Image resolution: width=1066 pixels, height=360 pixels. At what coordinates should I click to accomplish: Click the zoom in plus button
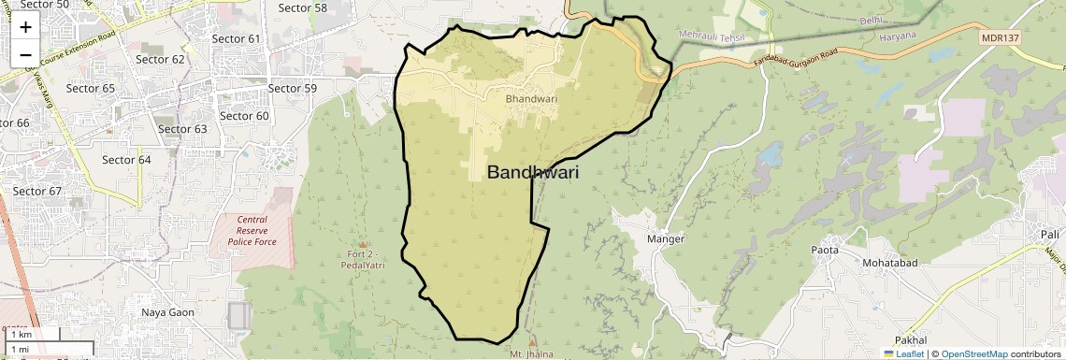coord(25,27)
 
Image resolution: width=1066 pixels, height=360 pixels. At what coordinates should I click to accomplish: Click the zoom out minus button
coord(25,55)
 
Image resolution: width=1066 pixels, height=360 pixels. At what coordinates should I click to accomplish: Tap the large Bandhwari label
coord(533,173)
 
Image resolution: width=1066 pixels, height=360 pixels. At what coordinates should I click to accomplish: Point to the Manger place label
coord(666,239)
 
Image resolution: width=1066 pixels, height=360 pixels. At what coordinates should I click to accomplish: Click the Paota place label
coord(825,250)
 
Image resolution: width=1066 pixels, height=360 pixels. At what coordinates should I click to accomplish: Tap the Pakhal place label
coord(910,339)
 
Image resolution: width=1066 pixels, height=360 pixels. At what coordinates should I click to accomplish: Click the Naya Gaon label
coord(167,312)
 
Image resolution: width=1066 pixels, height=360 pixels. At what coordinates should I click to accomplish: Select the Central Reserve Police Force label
coord(252,230)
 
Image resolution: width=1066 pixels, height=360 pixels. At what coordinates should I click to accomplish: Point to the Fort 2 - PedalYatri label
coord(362,258)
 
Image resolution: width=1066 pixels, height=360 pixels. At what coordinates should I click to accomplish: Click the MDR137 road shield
coord(999,37)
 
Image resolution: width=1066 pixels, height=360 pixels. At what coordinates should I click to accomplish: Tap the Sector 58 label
coord(303,8)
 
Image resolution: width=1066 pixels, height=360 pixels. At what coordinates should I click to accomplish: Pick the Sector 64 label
coord(126,160)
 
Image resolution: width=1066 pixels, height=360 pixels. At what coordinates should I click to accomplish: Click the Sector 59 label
coord(293,88)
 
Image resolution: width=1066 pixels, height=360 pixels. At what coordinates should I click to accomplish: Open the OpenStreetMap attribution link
coord(973,354)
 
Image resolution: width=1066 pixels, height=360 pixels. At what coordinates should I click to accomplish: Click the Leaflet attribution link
coord(903,354)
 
